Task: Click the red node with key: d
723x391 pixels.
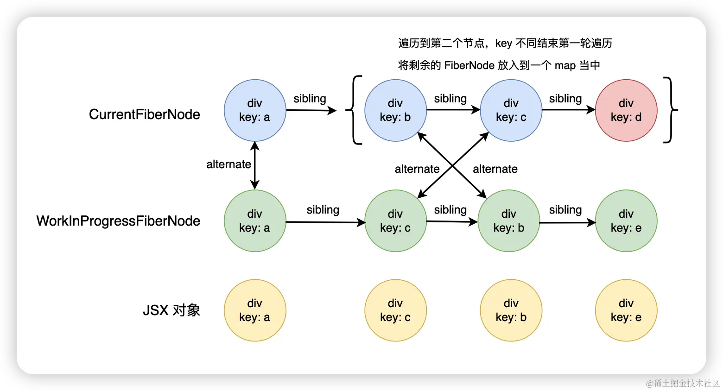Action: click(x=626, y=110)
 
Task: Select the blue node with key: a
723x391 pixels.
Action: click(x=255, y=110)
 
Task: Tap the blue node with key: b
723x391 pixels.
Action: click(x=395, y=110)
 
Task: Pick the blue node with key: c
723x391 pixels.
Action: click(x=511, y=110)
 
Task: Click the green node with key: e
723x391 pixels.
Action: click(x=626, y=221)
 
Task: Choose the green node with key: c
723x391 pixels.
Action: click(x=395, y=221)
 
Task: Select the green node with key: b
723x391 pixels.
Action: click(x=508, y=221)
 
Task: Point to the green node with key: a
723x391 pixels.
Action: click(x=255, y=221)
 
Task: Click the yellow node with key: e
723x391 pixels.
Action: click(x=626, y=310)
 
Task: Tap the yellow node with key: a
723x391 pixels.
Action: click(x=255, y=310)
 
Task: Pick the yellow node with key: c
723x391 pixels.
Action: click(x=395, y=310)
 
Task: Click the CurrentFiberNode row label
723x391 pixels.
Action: click(x=144, y=114)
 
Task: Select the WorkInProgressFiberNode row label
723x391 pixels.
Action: click(x=118, y=221)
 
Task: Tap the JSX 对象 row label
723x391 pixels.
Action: click(x=171, y=310)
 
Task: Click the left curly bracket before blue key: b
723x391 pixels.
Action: click(x=355, y=110)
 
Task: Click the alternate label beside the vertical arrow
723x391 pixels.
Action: click(x=228, y=164)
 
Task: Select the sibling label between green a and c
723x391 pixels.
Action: click(x=323, y=210)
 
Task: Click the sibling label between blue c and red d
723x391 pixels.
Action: click(x=565, y=99)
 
